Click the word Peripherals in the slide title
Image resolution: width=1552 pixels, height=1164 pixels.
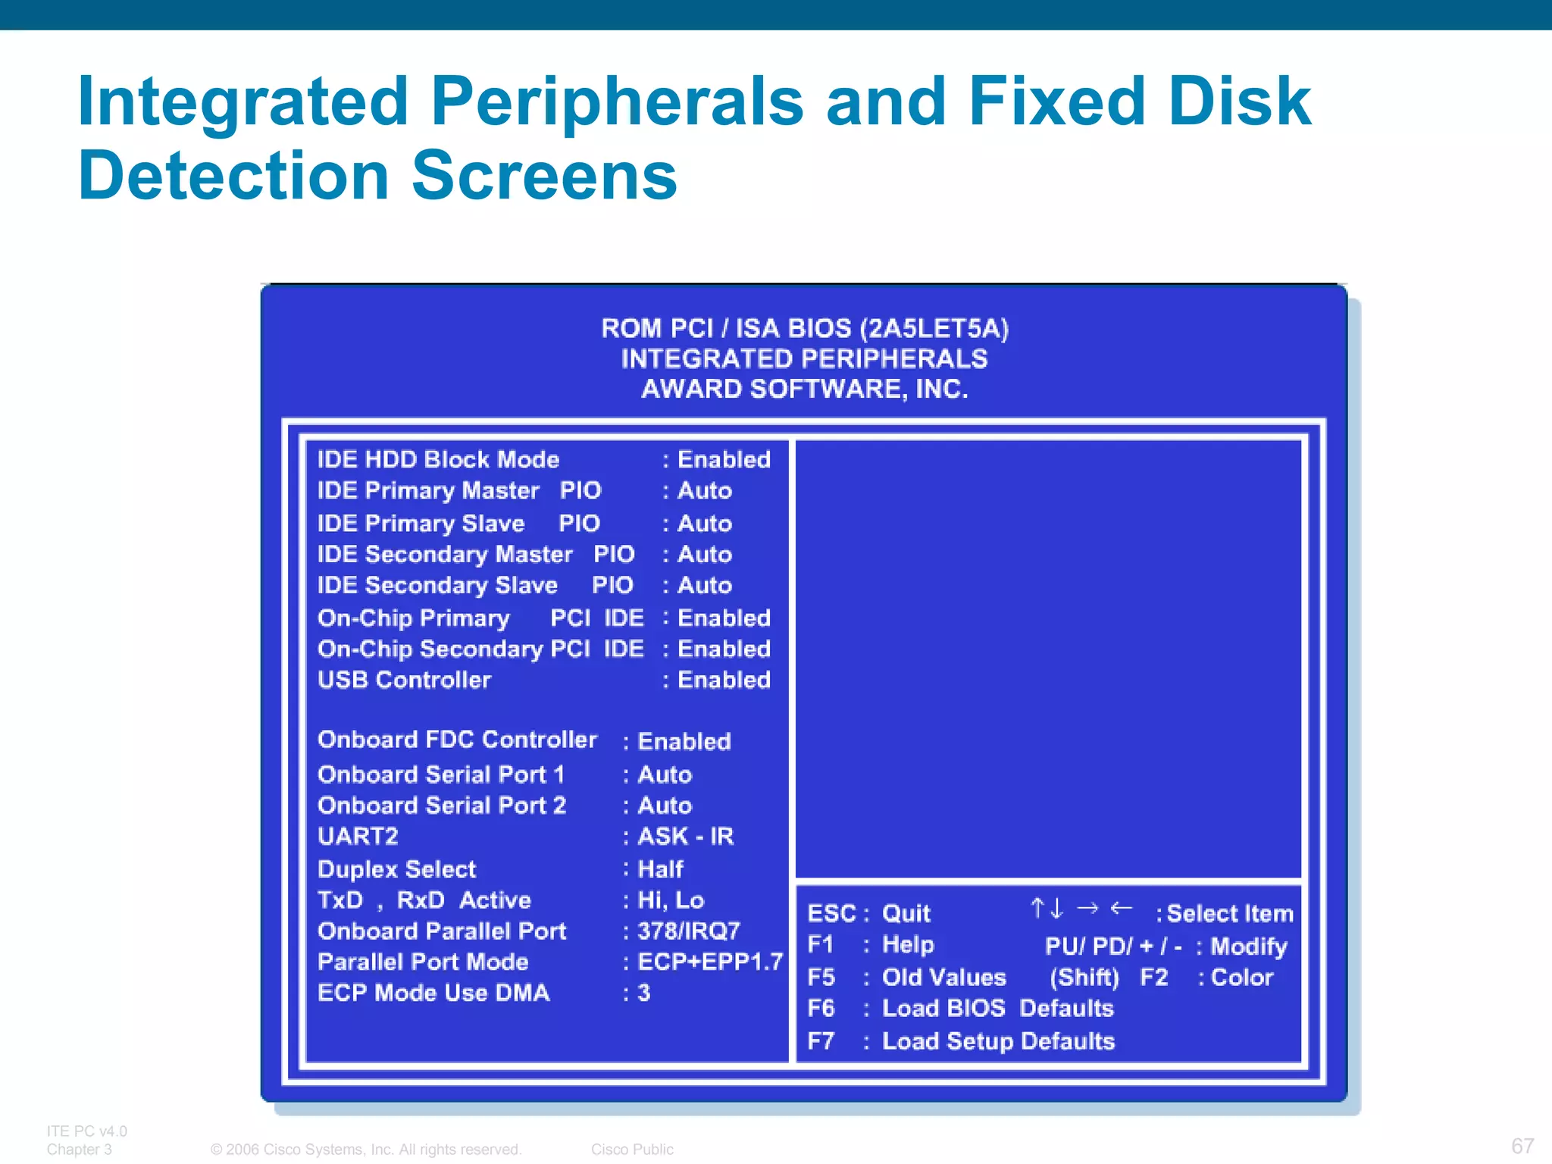pos(617,102)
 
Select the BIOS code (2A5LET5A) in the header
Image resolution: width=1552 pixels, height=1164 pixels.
pos(934,329)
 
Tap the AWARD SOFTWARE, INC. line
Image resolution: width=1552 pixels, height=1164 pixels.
pos(804,390)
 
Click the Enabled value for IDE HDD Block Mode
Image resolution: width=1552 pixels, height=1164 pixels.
pos(724,460)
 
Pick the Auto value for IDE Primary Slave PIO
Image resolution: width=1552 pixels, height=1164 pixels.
pos(705,524)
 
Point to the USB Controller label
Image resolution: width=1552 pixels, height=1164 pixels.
pos(404,680)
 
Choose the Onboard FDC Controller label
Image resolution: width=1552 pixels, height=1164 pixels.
pos(457,740)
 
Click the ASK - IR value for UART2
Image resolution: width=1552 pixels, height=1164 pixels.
pos(686,837)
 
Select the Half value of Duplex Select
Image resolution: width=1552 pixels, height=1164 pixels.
pos(660,869)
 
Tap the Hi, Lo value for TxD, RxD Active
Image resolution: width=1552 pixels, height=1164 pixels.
pos(671,900)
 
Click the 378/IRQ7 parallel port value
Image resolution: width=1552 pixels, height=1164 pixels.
pos(688,931)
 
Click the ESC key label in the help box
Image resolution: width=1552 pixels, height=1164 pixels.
pos(831,914)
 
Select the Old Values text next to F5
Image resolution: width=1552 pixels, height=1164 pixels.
pos(943,978)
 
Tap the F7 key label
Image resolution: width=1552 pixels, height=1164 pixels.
pos(821,1041)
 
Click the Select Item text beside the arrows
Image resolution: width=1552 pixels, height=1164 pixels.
pos(1229,914)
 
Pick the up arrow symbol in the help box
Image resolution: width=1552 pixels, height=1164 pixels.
pos(1037,908)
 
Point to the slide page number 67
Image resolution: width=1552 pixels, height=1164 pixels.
pos(1522,1146)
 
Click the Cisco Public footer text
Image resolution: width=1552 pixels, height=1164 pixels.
pos(632,1150)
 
